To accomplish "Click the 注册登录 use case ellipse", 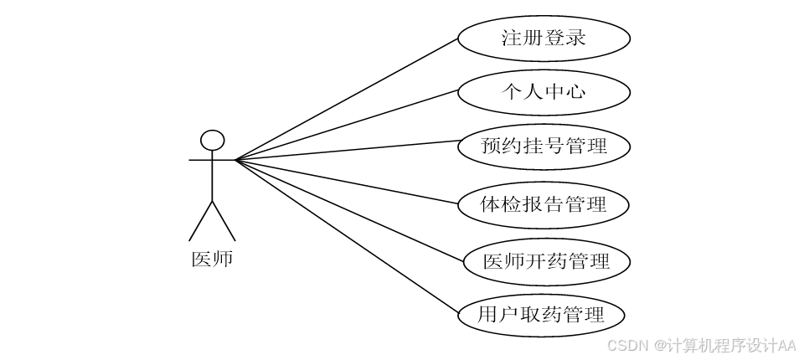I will tap(543, 38).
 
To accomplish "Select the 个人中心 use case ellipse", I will tap(543, 91).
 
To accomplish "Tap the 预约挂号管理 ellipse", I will tap(543, 147).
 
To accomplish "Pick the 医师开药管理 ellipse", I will tap(545, 260).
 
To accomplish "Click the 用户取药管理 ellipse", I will tap(543, 316).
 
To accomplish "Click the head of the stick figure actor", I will tap(213, 140).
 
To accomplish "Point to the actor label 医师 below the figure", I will tap(212, 260).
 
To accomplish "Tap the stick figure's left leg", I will tap(200, 221).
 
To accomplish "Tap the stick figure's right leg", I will tap(224, 221).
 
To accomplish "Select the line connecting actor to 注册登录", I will tap(347, 99).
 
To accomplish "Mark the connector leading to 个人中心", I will tap(347, 126).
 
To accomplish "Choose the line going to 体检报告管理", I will tap(347, 181).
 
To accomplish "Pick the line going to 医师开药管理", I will tap(347, 209).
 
